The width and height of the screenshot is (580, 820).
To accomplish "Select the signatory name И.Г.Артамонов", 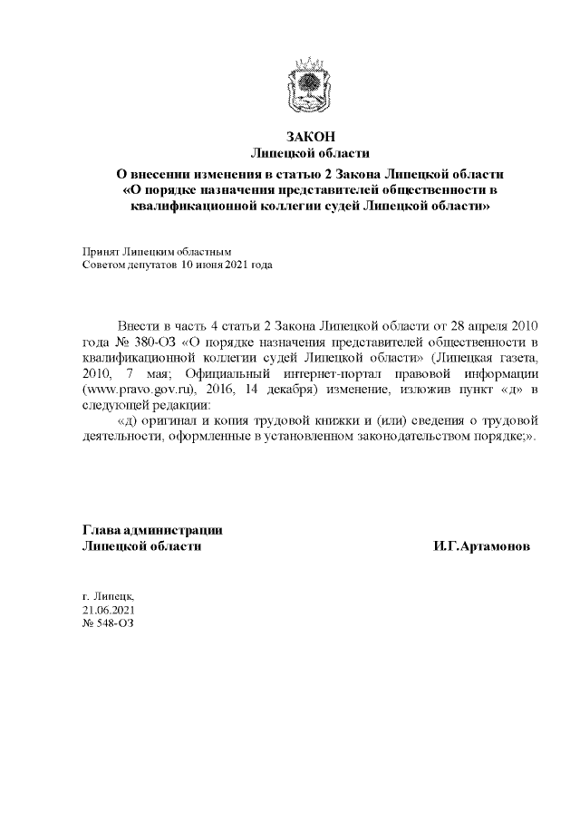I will coord(482,546).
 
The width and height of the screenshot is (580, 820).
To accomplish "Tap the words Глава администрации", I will coord(152,530).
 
